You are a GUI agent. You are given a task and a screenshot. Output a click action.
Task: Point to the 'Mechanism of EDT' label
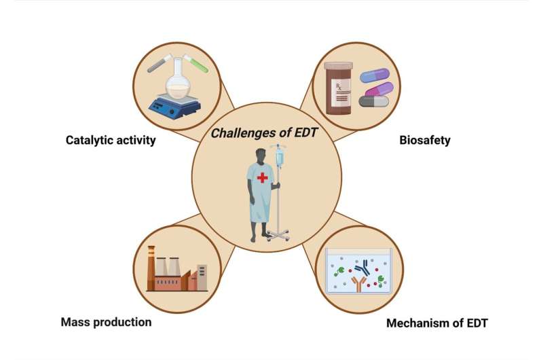coord(437,322)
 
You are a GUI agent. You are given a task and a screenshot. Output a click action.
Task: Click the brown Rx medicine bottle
coord(339,88)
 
